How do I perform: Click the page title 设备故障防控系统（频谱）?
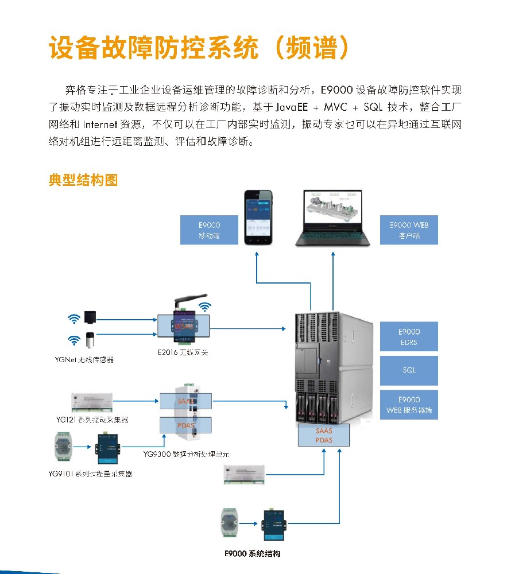click(199, 48)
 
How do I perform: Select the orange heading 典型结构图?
click(83, 180)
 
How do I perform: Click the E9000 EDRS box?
click(409, 336)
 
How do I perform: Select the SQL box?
click(409, 370)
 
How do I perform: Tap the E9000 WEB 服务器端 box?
click(409, 405)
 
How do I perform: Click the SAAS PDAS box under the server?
click(323, 435)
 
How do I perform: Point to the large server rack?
click(330, 367)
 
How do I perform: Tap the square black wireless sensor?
click(90, 316)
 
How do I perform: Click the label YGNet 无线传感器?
click(80, 360)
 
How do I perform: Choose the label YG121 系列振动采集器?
click(87, 420)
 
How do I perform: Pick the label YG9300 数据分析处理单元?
click(187, 453)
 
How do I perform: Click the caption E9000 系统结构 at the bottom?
click(253, 554)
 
